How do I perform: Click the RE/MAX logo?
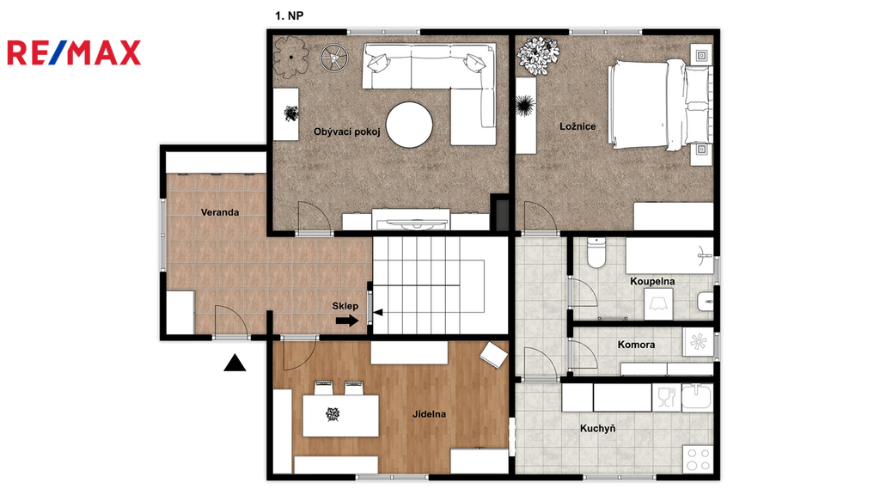click(x=74, y=52)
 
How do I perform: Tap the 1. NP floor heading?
click(x=289, y=15)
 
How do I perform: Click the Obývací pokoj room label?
click(x=347, y=131)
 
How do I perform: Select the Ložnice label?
click(x=577, y=126)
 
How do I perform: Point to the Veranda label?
click(x=220, y=212)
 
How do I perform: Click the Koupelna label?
click(x=652, y=281)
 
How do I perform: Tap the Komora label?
click(x=636, y=345)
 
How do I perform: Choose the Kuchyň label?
click(x=598, y=428)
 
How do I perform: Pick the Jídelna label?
click(x=430, y=414)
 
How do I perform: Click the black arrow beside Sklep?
click(x=347, y=321)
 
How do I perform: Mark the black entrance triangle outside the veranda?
click(x=235, y=364)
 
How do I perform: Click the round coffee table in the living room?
click(x=409, y=125)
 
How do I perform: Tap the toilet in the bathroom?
click(x=596, y=253)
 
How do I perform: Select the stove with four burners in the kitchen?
click(x=698, y=459)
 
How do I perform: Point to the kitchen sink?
click(x=696, y=396)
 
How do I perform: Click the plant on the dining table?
click(x=333, y=415)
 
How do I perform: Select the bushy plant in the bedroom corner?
click(x=538, y=56)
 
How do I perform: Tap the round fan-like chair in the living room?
click(x=334, y=58)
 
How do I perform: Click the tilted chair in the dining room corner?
click(x=494, y=355)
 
